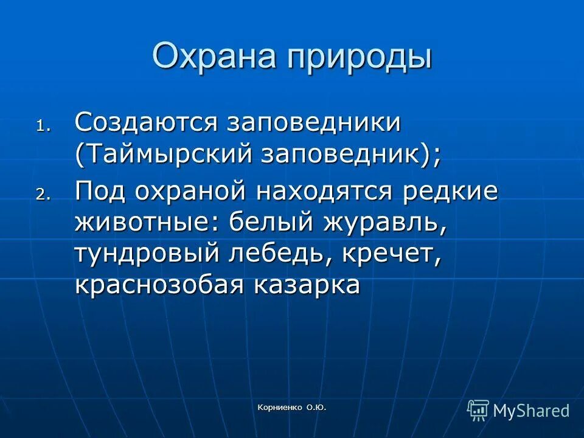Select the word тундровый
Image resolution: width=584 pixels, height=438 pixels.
[146, 255]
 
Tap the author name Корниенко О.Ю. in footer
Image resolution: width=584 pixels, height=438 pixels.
[292, 408]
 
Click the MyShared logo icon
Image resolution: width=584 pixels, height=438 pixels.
[478, 410]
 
